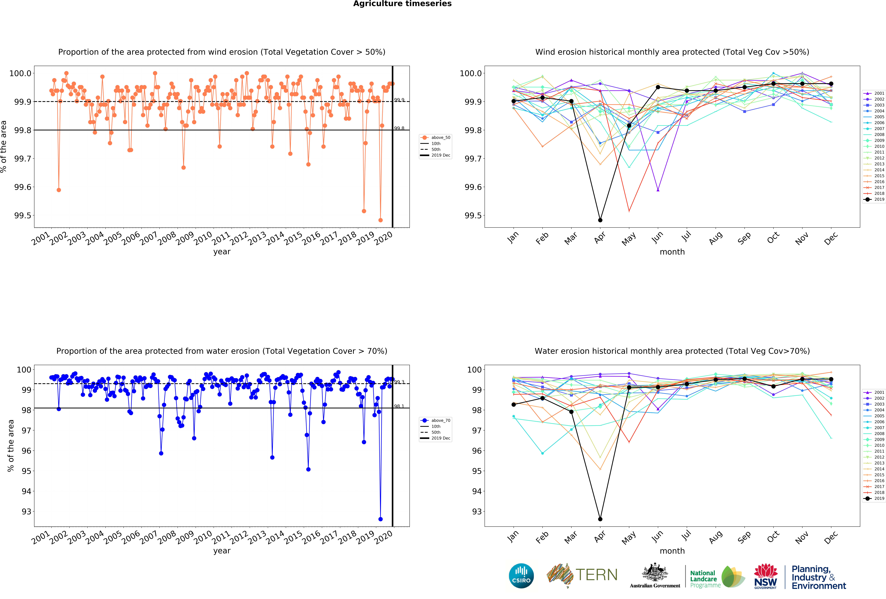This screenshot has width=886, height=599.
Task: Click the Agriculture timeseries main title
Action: [x=402, y=4]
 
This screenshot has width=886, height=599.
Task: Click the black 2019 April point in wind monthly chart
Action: [x=600, y=220]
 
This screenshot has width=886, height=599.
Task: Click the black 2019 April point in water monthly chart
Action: [x=600, y=519]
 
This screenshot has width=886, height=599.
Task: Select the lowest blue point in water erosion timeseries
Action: [x=380, y=519]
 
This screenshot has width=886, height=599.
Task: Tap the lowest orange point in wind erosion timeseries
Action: [x=380, y=220]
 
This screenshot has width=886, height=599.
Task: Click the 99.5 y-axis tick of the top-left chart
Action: [x=22, y=215]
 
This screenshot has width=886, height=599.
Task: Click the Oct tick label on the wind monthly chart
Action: [x=773, y=238]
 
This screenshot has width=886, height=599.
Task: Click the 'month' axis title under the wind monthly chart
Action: [x=672, y=252]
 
